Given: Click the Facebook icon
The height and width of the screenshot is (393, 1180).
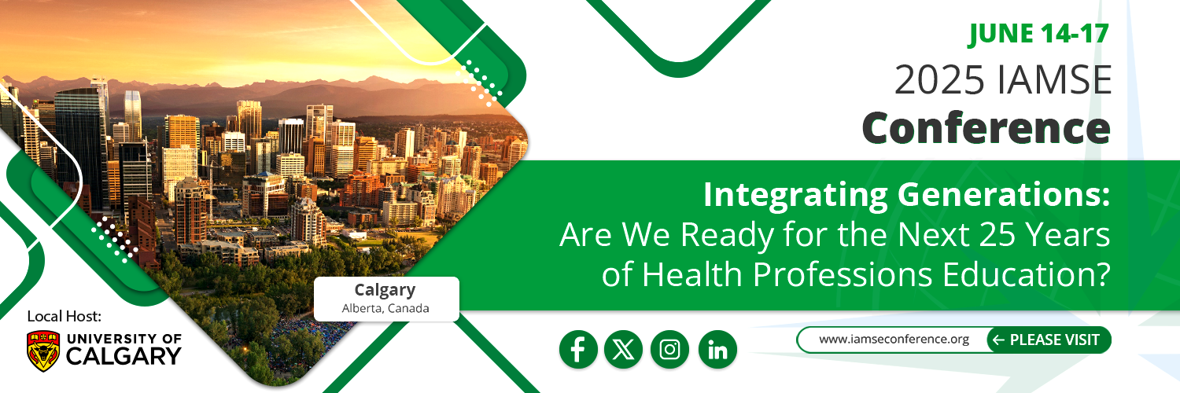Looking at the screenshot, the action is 578,349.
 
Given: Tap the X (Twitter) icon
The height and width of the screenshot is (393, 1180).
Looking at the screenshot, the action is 623,349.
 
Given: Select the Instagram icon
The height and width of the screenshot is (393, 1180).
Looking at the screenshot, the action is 669,349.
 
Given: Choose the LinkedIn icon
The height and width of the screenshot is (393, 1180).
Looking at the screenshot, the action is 717,349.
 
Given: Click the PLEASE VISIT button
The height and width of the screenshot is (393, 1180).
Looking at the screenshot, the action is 1049,340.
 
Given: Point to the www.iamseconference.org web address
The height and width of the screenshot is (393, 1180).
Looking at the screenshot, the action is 894,340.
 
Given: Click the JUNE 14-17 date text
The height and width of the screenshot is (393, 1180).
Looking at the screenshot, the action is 1038,34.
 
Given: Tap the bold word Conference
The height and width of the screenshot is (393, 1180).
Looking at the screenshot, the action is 986,128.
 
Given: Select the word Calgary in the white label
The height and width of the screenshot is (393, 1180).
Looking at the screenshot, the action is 385,290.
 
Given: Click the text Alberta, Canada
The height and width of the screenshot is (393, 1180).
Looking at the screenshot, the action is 385,308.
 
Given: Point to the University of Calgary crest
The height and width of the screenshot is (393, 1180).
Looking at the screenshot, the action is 43,351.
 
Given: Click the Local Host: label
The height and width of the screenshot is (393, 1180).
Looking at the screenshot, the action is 65,316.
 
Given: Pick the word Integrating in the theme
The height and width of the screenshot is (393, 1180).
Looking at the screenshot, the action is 795,196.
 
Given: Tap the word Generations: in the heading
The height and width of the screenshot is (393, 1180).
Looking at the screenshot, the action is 1004,194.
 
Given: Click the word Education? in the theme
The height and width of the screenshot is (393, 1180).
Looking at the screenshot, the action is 1026,274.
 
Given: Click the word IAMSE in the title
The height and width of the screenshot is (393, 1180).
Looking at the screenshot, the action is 1054,80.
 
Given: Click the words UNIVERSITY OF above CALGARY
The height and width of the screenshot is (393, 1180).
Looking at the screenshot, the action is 124,339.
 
